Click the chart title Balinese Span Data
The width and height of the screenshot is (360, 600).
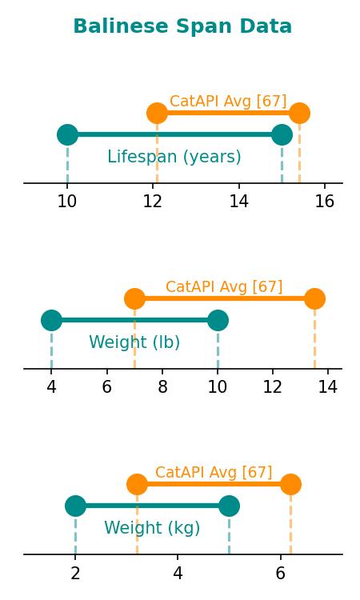click(x=182, y=26)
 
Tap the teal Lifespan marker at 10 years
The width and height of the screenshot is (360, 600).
click(x=67, y=134)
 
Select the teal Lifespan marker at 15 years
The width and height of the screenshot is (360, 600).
click(x=282, y=134)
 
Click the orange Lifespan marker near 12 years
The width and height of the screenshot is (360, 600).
click(x=158, y=114)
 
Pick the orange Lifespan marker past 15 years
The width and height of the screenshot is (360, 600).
click(x=299, y=114)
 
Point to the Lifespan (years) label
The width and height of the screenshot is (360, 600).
click(x=174, y=157)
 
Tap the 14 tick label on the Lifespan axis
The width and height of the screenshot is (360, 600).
click(x=239, y=201)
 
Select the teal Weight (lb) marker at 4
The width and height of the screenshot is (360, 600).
click(x=51, y=320)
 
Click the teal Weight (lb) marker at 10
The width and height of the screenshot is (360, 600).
click(x=218, y=320)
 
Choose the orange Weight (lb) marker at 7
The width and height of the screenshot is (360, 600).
click(x=134, y=299)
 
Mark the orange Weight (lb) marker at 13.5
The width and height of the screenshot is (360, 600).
click(x=315, y=299)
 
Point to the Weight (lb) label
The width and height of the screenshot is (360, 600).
click(x=134, y=342)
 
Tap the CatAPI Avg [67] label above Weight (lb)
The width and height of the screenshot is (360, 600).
click(x=224, y=286)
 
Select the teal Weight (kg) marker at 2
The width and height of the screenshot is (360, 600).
click(x=75, y=506)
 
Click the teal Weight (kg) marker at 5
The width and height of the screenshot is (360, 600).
click(x=229, y=506)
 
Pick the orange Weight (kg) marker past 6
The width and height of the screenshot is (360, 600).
click(x=290, y=485)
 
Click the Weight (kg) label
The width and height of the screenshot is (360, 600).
click(x=152, y=528)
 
